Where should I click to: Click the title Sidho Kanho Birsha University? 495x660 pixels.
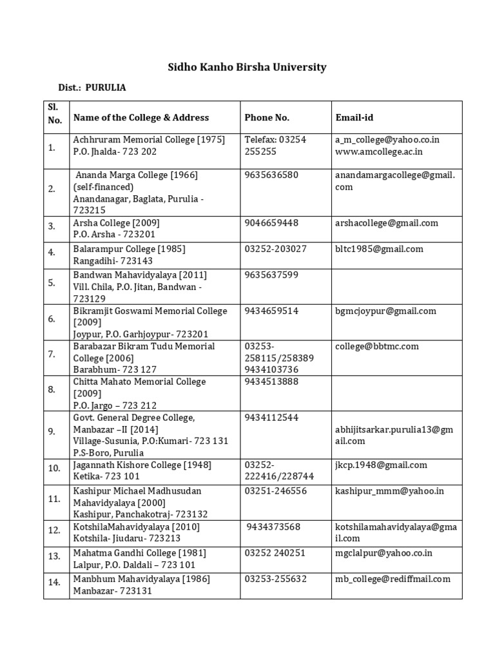click(x=247, y=67)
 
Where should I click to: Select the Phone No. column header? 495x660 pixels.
click(x=267, y=117)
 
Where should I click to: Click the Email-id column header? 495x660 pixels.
click(x=354, y=117)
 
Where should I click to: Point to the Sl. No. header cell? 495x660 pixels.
click(x=55, y=113)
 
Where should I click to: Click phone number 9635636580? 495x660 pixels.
click(x=271, y=175)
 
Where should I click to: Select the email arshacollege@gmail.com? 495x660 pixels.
click(x=387, y=223)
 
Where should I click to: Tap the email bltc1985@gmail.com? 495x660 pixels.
click(x=379, y=249)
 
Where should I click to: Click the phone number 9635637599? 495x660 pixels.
click(x=271, y=275)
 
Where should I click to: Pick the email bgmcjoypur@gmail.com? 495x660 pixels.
click(x=385, y=311)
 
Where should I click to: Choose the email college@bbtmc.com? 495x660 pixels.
click(x=377, y=346)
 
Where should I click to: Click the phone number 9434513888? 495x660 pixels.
click(x=271, y=382)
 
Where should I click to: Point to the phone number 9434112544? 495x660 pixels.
click(x=271, y=418)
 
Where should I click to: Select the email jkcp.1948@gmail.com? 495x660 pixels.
click(x=381, y=465)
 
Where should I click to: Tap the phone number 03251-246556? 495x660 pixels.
click(x=276, y=491)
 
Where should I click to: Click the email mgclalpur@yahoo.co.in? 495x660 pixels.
click(x=383, y=553)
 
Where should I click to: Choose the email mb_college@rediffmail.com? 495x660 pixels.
click(x=393, y=579)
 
